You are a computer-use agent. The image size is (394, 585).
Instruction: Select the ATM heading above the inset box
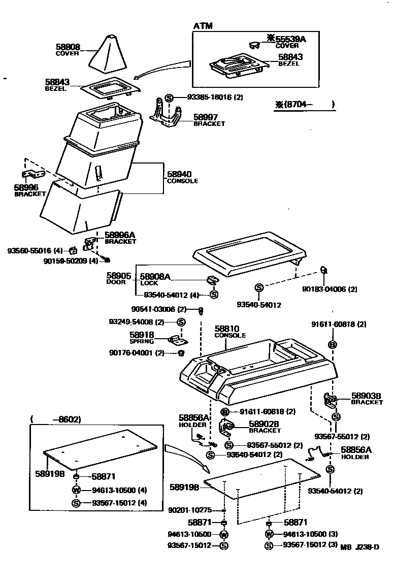click(x=203, y=25)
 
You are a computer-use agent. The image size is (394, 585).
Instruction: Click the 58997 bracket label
click(x=206, y=117)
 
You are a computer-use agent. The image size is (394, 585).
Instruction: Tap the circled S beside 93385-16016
click(x=170, y=97)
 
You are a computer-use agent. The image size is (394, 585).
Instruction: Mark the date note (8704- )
click(x=305, y=105)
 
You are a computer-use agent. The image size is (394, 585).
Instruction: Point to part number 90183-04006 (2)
click(x=330, y=289)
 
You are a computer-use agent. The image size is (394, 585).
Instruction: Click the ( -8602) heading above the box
click(x=55, y=419)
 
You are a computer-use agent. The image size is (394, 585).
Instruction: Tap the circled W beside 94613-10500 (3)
click(x=269, y=534)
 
